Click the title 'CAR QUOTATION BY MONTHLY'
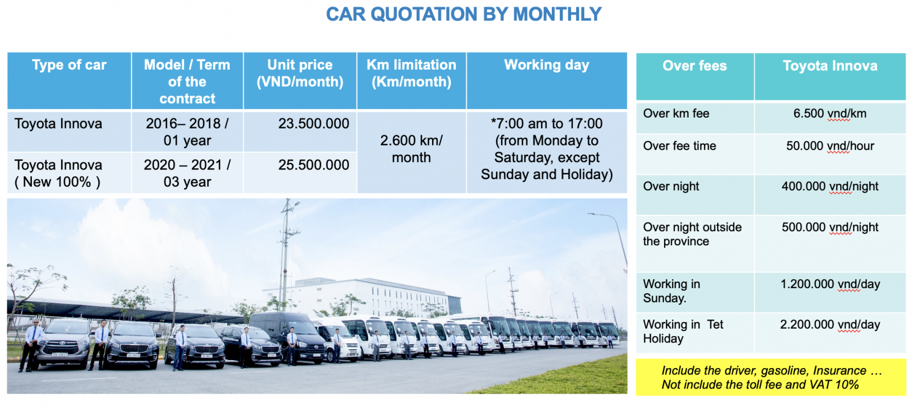coord(464,14)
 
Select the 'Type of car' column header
coord(69,65)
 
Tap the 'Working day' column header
coord(547,65)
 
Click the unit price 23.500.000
coord(313,123)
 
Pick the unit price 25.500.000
coord(313,165)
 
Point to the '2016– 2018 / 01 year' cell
coord(188,132)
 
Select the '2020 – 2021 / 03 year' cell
coord(188,173)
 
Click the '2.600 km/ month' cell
coord(411,149)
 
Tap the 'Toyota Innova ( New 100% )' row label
coord(58,173)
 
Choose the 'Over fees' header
coord(695,66)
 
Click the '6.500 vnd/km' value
coord(830,114)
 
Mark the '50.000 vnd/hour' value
coord(830,146)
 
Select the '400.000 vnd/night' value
coord(830,186)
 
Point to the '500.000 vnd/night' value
coord(830,227)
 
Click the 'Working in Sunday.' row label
coord(671,290)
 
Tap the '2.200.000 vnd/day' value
coord(830,325)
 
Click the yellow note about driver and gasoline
coord(771,377)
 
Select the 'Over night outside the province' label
coord(692,234)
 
